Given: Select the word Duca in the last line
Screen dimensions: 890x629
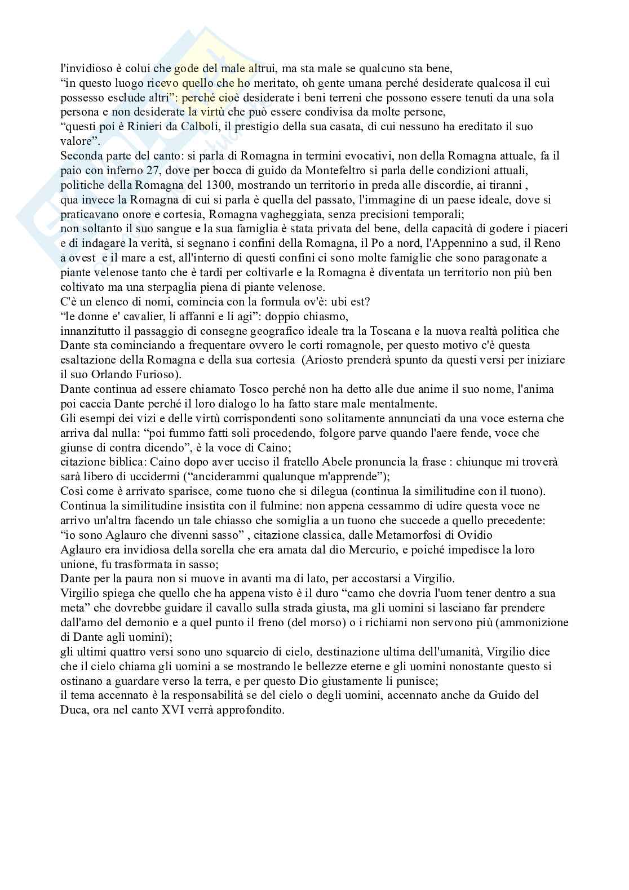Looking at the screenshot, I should pyautogui.click(x=72, y=710).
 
